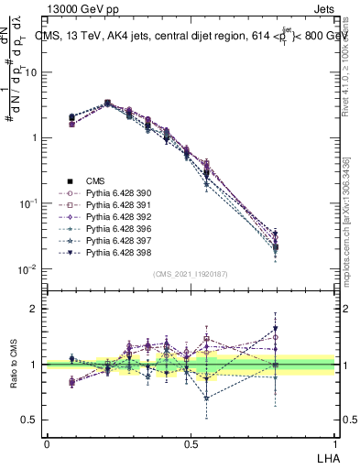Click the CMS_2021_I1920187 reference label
190,274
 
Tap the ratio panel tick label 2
34,309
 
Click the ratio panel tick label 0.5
29,420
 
